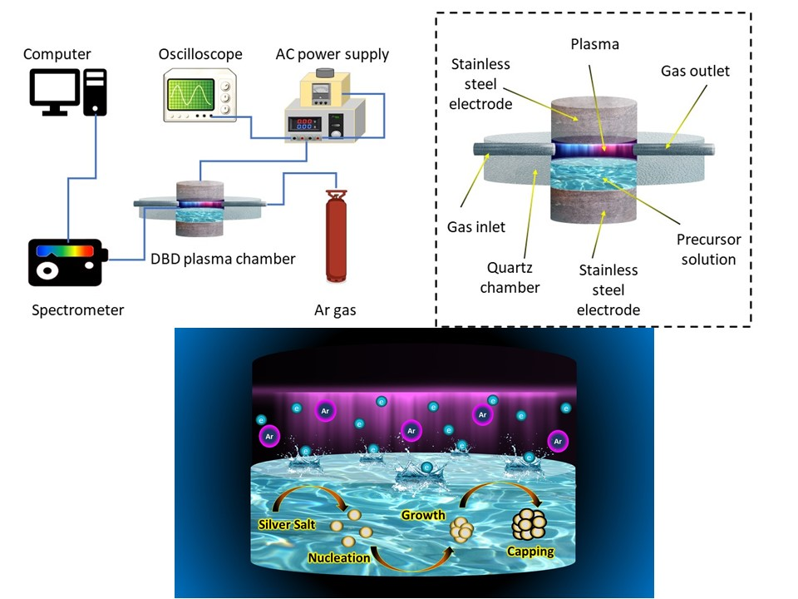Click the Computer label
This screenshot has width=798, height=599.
(x=57, y=54)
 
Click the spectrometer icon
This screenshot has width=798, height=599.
(x=66, y=262)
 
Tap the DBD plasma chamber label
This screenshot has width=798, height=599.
(x=223, y=259)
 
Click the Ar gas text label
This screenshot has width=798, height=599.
(x=335, y=309)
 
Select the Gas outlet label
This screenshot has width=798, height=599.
(x=695, y=71)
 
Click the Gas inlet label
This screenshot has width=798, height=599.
(x=476, y=227)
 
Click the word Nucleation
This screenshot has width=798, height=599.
(x=338, y=557)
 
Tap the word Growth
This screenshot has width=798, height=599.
(x=423, y=515)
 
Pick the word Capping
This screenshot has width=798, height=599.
(x=530, y=551)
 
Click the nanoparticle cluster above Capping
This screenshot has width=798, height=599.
(x=529, y=524)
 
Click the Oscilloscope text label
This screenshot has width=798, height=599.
(x=200, y=54)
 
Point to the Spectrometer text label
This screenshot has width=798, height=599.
(x=77, y=309)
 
